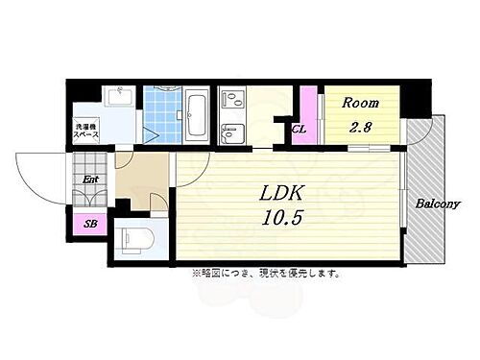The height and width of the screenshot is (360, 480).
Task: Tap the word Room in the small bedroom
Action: point(362,103)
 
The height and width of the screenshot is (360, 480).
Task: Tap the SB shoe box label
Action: point(90,224)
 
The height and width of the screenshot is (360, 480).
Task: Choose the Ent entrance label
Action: point(89,179)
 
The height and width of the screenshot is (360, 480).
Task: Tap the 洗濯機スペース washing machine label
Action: point(89,131)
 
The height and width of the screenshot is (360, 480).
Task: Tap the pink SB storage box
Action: point(90,224)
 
